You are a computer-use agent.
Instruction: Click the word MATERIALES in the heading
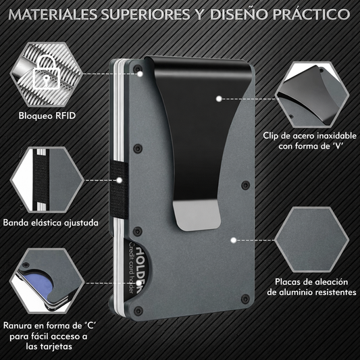(x=53, y=14)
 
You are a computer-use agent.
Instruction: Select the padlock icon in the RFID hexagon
(x=47, y=72)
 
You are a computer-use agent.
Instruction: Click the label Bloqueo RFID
(x=47, y=115)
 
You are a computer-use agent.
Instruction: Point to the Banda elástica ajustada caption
(x=51, y=223)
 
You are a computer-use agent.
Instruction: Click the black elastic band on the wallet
(x=118, y=189)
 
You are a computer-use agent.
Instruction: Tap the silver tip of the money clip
(x=197, y=215)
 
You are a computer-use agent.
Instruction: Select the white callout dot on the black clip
(x=219, y=99)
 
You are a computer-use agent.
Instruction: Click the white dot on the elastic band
(x=119, y=180)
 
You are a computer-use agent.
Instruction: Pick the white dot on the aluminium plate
(x=234, y=240)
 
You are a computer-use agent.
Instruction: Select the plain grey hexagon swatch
(x=312, y=240)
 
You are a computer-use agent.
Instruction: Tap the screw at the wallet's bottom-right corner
(x=245, y=299)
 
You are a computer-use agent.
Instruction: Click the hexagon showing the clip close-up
(x=312, y=95)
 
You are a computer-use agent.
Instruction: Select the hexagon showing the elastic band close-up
(x=47, y=180)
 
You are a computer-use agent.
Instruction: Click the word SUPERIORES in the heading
(x=146, y=14)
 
